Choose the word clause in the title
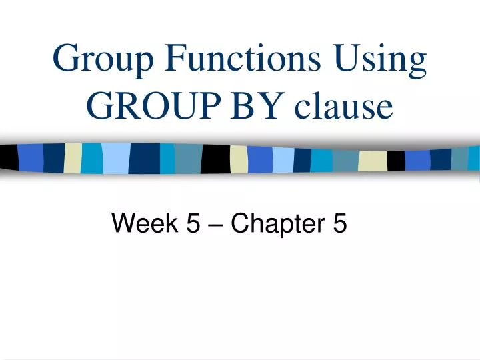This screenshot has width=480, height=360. pos(337,106)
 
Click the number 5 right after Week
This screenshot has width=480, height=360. pos(192,225)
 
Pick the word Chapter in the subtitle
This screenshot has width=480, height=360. pos(274,225)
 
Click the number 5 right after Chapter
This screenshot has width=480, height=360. pos(339,225)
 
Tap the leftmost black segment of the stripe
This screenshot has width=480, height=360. pos(9,157)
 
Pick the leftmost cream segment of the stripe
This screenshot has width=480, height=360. pos(73,157)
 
